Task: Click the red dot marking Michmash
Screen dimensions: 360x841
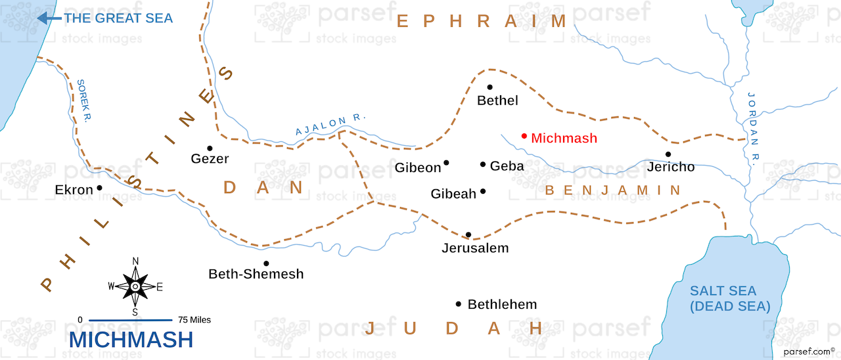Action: coord(524,137)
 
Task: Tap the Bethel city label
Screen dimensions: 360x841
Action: coord(497,101)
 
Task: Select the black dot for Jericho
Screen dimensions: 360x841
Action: coord(668,154)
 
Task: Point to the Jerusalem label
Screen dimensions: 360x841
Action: coord(475,248)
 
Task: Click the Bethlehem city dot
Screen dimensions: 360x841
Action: coord(458,304)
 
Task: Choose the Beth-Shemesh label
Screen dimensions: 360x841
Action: coord(256,274)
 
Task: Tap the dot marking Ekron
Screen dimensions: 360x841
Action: coord(99,188)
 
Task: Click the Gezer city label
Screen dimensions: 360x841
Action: coord(210,159)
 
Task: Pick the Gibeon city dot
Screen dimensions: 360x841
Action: coord(446,163)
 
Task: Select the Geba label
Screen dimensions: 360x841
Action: coord(507,166)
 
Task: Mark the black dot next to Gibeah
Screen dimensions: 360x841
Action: coord(483,191)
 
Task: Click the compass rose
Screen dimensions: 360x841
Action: coord(135,286)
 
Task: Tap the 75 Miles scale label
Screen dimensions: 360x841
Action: coord(194,320)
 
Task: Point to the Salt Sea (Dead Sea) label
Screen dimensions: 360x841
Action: coord(723,298)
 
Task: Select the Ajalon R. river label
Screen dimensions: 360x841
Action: coord(330,124)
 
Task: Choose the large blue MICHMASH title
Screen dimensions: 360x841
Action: coord(131,340)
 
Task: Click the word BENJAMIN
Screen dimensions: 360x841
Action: coord(613,191)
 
